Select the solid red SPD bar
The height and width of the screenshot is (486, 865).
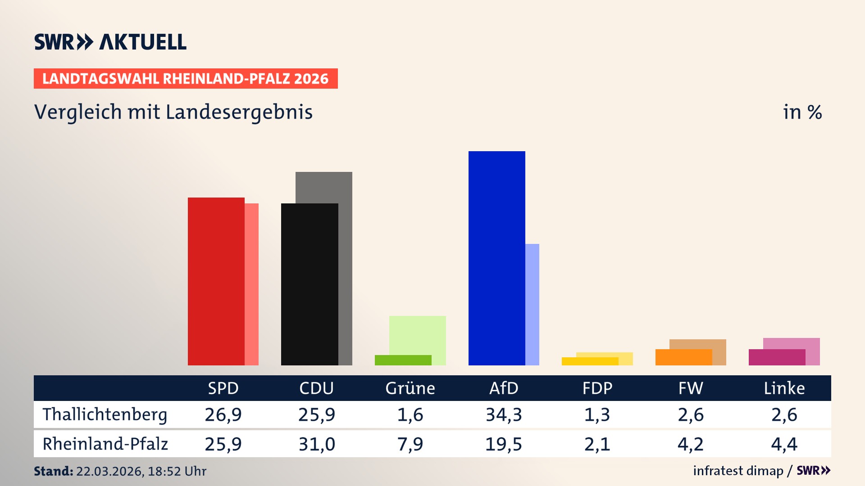coord(216,281)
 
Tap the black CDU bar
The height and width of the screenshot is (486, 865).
coord(310,284)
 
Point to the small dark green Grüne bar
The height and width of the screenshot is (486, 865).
coord(403,360)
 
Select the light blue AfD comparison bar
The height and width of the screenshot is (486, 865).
coord(532,304)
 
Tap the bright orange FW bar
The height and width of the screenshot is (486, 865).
coord(683,357)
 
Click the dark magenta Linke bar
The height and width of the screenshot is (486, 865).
coord(777,357)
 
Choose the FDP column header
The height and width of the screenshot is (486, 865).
coord(597,388)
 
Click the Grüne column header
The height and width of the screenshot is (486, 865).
coord(410,388)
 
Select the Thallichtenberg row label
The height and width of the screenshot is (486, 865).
coord(105,414)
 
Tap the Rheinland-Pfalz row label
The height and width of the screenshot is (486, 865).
coord(105,444)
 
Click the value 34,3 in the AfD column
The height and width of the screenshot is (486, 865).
coord(504,414)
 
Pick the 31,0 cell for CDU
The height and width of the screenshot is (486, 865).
coord(317,444)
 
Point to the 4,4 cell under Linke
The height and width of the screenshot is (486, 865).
coord(784,444)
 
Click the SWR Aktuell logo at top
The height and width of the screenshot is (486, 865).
coord(110,42)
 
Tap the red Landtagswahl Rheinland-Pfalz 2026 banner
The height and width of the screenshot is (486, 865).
coord(186,79)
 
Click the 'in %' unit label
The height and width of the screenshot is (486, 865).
coord(802,112)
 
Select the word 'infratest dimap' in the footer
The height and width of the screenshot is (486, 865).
coord(738,471)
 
